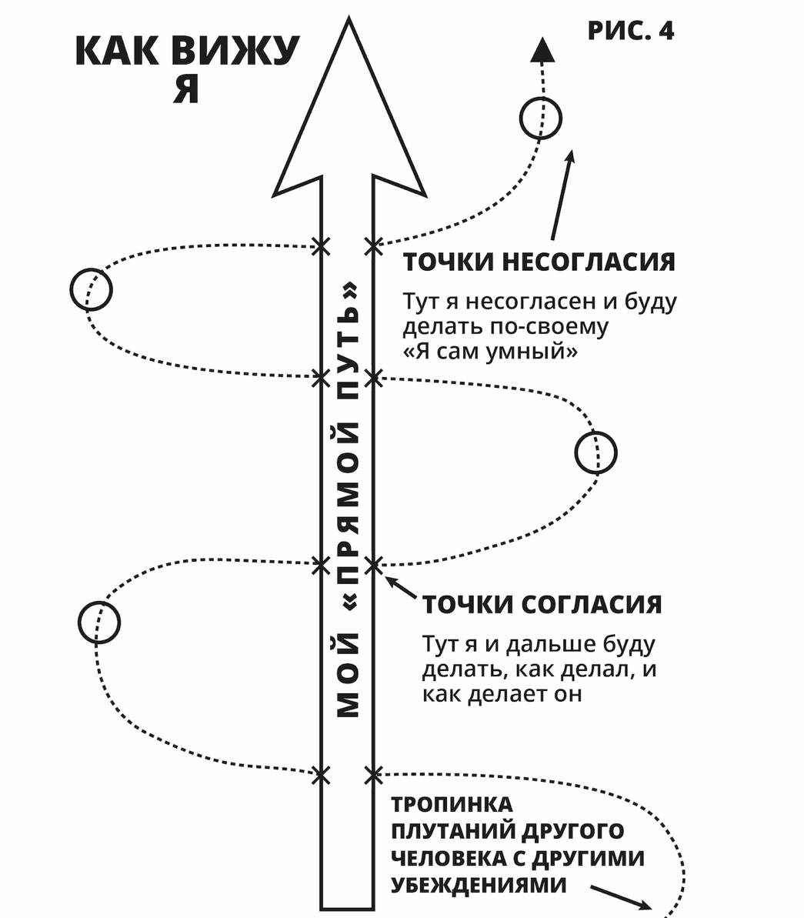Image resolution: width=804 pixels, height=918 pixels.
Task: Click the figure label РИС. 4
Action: tap(630, 31)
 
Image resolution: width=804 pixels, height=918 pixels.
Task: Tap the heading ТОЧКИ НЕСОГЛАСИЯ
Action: tap(539, 262)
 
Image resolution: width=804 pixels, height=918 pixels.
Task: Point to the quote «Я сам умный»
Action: tap(490, 352)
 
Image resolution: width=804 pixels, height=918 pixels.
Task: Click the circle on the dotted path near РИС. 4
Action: tap(541, 119)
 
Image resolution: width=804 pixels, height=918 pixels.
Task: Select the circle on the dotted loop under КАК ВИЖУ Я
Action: tap(91, 289)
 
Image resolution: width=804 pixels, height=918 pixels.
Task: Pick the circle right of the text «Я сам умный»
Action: tap(595, 452)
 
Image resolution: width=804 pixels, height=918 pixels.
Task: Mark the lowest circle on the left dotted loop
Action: tap(99, 621)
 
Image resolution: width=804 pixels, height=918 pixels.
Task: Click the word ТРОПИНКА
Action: tap(452, 805)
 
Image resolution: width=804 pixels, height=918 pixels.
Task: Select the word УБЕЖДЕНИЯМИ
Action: tap(479, 885)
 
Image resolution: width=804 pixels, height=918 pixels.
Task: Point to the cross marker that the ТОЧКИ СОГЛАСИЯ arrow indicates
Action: tap(373, 565)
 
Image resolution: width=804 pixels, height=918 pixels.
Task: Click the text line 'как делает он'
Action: tap(502, 693)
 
